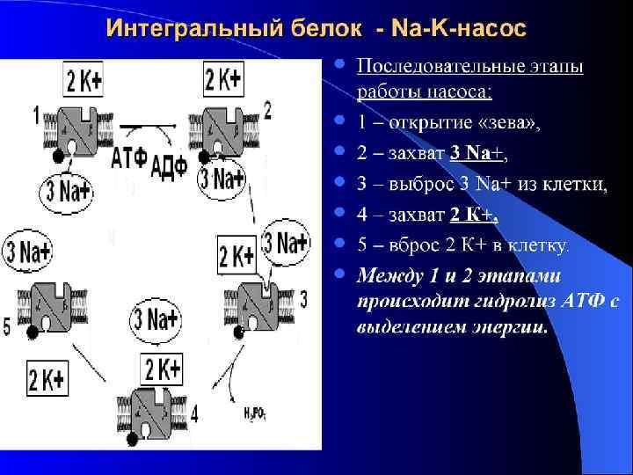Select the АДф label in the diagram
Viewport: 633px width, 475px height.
[170, 165]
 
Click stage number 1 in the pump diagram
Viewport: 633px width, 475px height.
[36, 113]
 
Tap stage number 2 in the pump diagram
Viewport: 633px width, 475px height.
[268, 110]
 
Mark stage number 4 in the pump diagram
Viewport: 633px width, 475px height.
[194, 412]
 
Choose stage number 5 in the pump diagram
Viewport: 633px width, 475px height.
[7, 327]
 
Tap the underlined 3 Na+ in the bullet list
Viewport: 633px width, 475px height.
[476, 152]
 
